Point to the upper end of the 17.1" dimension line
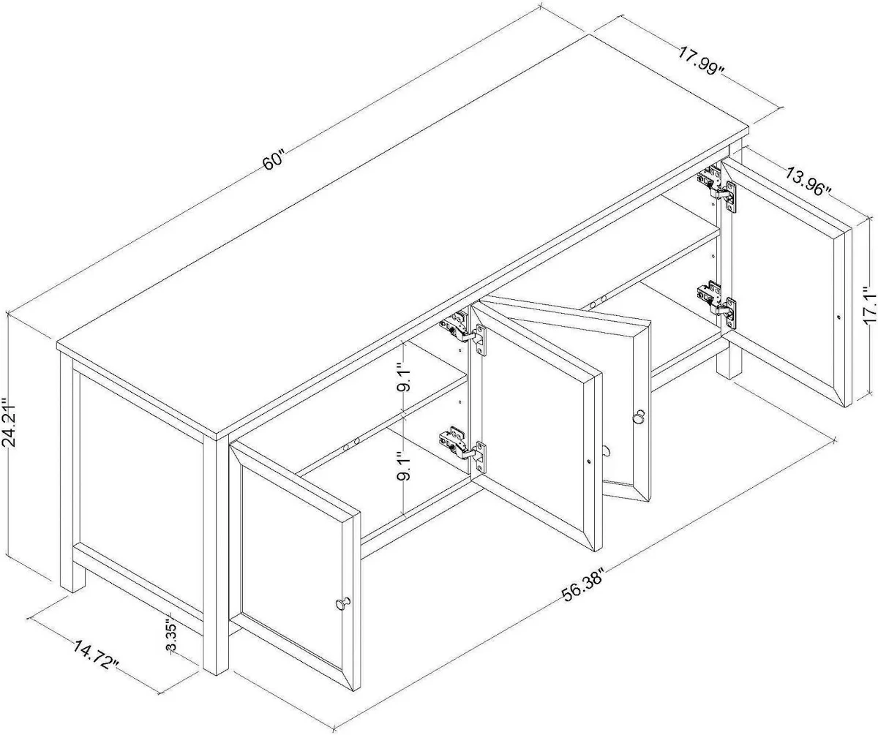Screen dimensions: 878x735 click(869, 218)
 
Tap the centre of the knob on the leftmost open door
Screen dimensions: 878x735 click(342, 604)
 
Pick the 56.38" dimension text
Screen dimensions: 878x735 click(585, 584)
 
